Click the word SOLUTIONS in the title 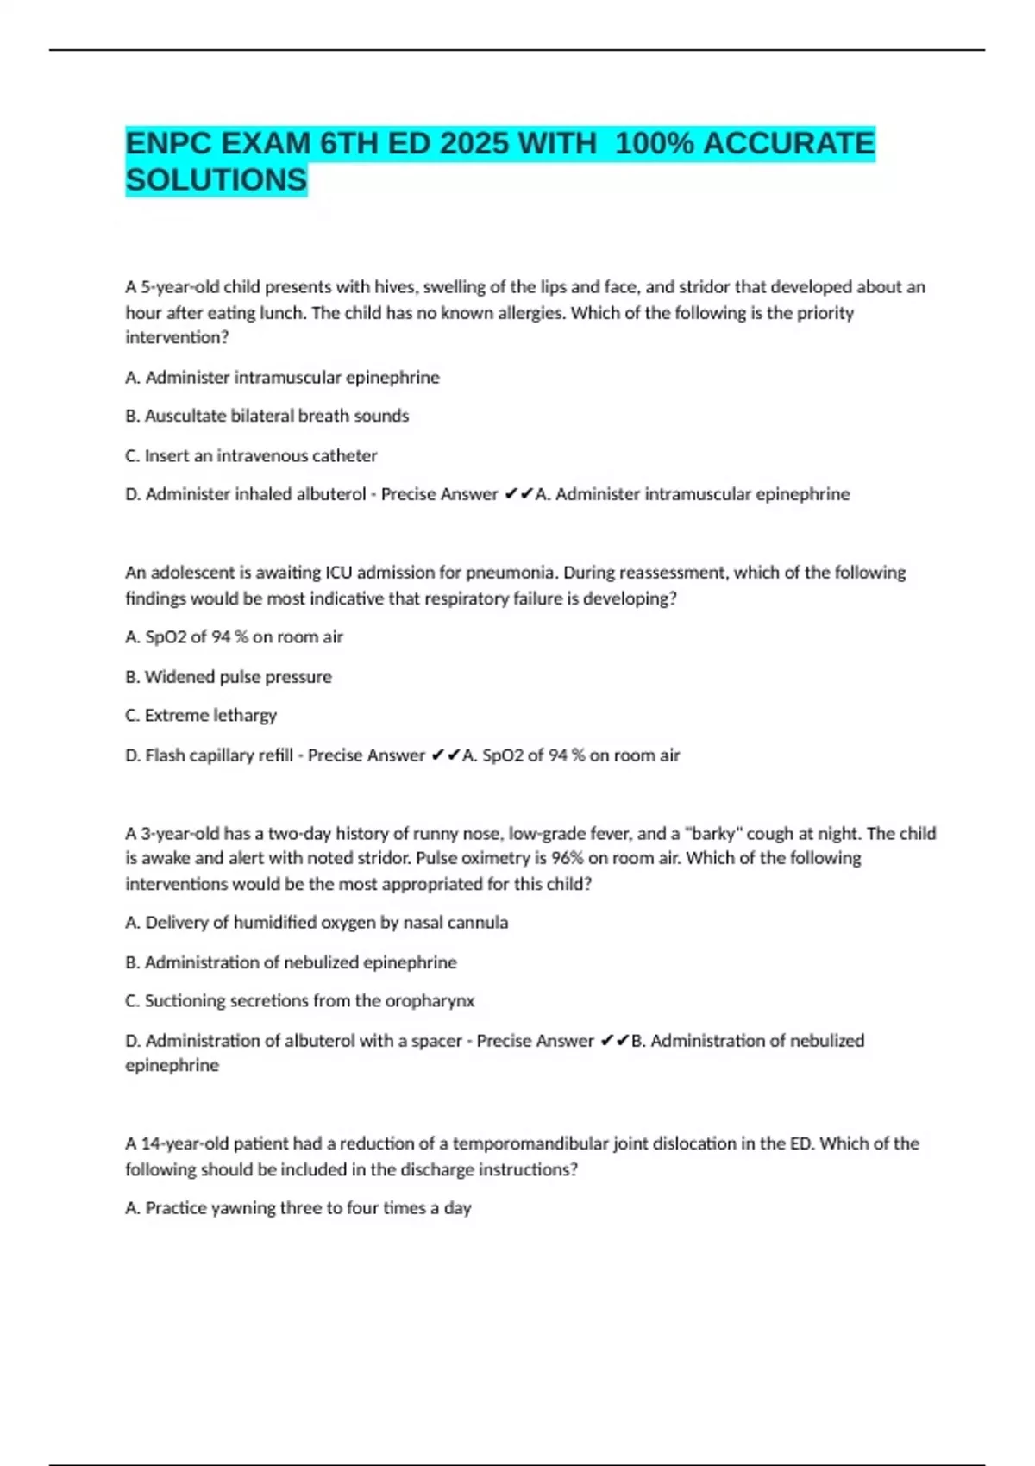pos(216,179)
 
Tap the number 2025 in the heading pos(474,143)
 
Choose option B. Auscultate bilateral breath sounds pos(267,416)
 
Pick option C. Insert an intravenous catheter pos(251,455)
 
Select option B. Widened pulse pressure pos(229,677)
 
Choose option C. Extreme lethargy pos(201,715)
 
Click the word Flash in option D pos(165,755)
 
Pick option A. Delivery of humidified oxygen pos(317,923)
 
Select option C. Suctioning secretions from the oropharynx pos(300,1000)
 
